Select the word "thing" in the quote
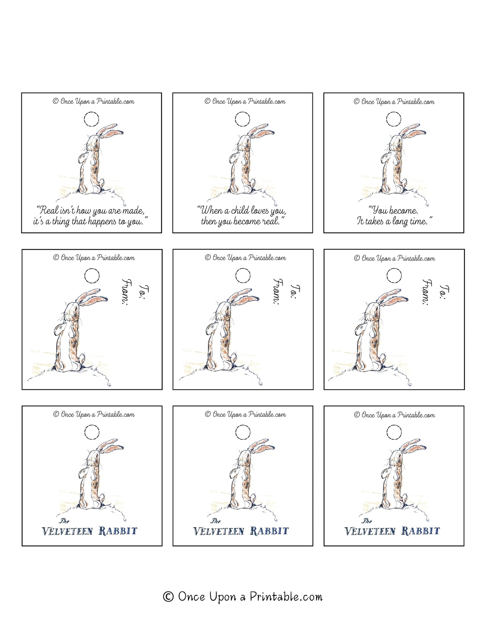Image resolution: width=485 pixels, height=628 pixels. pyautogui.click(x=61, y=222)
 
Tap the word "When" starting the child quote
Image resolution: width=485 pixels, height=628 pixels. pyautogui.click(x=210, y=210)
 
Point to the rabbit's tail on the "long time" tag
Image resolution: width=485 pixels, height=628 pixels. pyautogui.click(x=404, y=183)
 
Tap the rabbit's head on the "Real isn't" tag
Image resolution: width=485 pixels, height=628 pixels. pyautogui.click(x=93, y=142)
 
